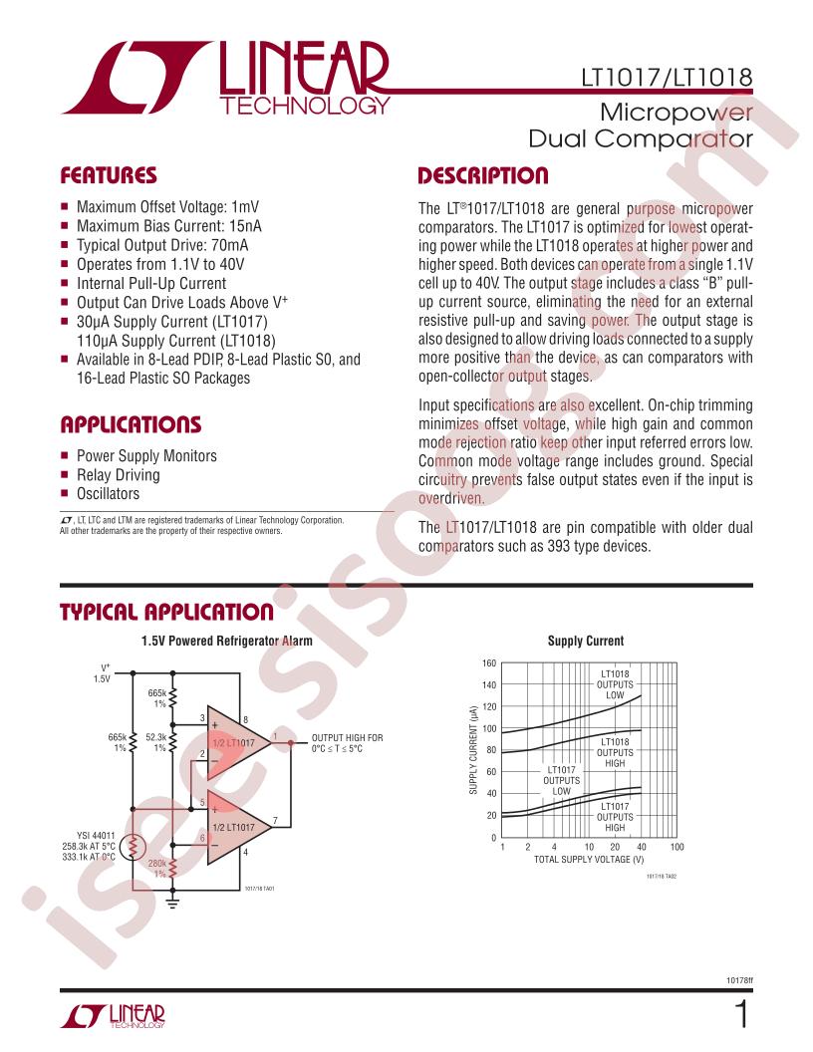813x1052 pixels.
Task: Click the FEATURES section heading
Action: (109, 176)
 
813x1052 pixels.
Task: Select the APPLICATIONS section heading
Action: (131, 425)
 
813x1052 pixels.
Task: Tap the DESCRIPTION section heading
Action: (482, 176)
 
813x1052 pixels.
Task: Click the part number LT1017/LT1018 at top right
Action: (666, 77)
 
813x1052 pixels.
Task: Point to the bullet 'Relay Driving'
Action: (118, 475)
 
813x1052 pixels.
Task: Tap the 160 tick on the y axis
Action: (488, 663)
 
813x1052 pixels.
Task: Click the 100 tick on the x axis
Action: (677, 847)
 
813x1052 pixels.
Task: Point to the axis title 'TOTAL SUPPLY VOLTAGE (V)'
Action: (589, 859)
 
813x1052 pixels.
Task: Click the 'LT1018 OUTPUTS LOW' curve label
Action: (615, 684)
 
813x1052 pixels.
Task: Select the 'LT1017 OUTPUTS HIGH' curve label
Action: (615, 817)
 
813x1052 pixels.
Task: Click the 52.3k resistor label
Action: (156, 737)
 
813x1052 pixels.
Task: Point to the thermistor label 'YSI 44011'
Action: (97, 836)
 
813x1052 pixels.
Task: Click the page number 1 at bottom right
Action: (740, 1016)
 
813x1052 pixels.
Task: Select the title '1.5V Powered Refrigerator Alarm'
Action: (226, 642)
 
